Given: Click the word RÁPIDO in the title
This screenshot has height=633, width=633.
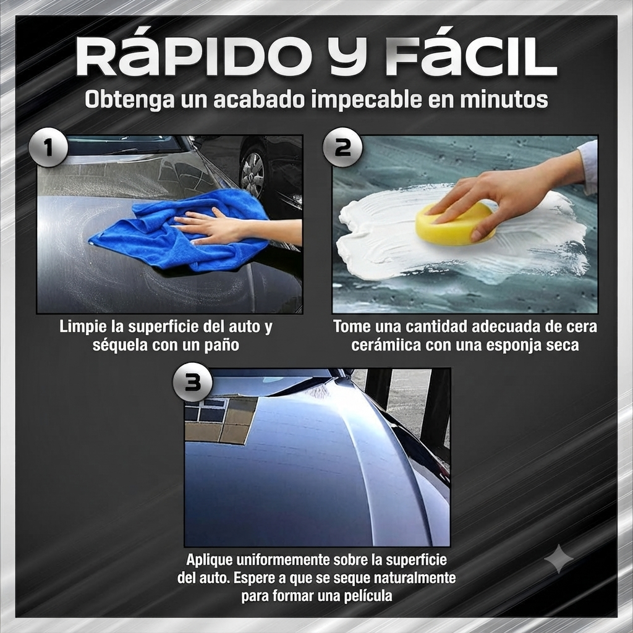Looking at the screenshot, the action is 191,56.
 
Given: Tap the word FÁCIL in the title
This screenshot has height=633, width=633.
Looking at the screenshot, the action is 470,56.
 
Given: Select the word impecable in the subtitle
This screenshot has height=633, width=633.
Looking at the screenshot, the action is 367,100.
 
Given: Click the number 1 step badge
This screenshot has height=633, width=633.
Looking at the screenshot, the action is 48,147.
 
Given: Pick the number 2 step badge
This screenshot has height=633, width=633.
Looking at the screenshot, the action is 342,147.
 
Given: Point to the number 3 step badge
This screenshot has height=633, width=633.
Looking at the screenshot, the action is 193,381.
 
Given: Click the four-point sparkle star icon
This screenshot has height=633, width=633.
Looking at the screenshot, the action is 559,559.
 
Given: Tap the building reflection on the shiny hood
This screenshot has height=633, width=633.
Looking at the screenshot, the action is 220,420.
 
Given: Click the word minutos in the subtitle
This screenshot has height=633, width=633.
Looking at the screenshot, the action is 504,100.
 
